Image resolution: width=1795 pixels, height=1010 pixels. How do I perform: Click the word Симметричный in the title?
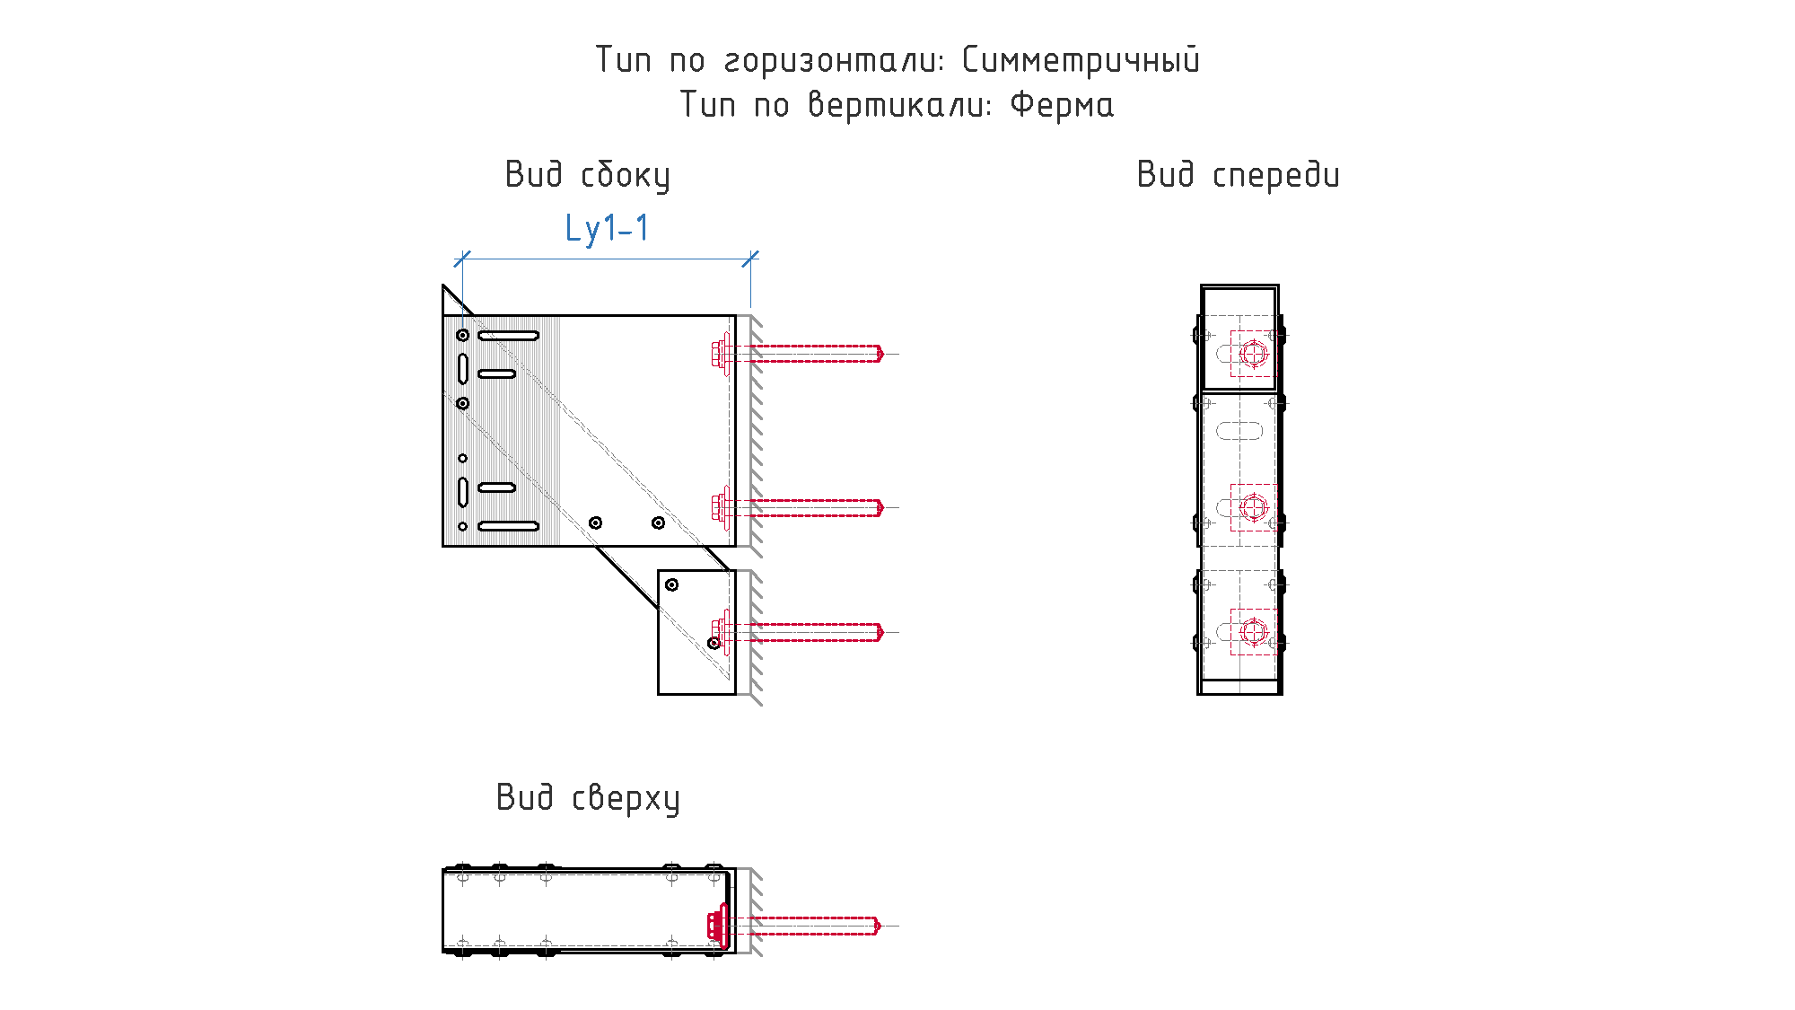click(1081, 61)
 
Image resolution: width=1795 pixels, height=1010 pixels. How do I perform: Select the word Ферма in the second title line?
click(1062, 105)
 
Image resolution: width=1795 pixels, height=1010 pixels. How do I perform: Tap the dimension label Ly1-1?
click(607, 228)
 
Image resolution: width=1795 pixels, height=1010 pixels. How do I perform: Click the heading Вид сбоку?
click(588, 175)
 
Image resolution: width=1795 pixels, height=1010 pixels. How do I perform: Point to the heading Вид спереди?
click(1239, 175)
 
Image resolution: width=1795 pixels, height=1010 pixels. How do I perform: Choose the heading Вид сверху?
click(588, 798)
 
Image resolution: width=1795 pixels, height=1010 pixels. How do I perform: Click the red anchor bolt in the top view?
click(793, 925)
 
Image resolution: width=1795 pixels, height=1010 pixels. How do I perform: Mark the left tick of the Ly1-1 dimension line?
click(462, 259)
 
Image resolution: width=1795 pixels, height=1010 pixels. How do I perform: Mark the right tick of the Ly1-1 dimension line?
click(750, 259)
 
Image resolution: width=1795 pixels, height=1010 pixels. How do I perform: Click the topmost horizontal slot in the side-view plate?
click(508, 336)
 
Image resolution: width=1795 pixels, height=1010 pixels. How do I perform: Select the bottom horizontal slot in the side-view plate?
click(508, 526)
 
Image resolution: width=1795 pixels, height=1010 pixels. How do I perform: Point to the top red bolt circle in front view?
click(1254, 353)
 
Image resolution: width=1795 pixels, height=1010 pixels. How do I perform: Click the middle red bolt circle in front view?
click(1254, 507)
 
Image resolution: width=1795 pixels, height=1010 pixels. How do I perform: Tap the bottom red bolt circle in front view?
click(1254, 632)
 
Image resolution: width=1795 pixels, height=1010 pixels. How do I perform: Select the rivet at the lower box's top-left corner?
click(671, 584)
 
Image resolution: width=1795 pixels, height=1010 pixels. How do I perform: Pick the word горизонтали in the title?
click(834, 61)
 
